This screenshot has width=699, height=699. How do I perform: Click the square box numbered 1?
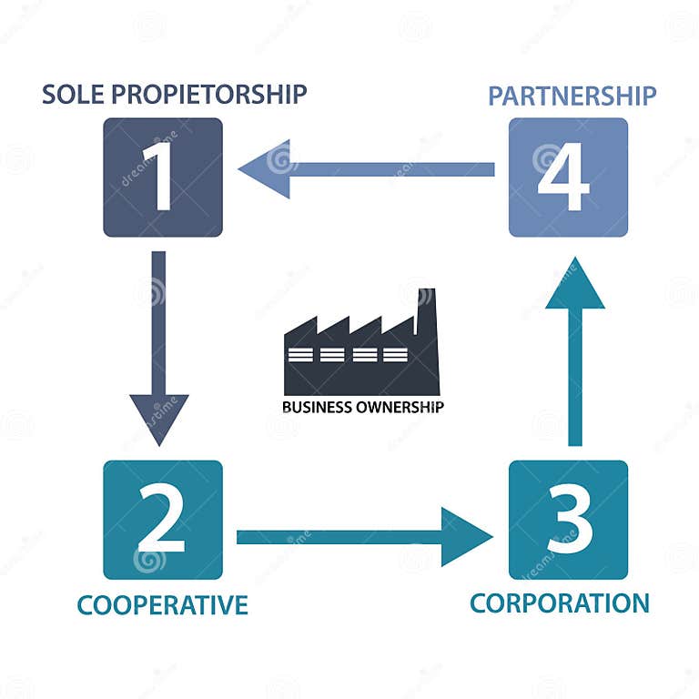(163, 177)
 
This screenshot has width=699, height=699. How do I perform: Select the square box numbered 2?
(163, 520)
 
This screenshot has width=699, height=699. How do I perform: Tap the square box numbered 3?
(568, 520)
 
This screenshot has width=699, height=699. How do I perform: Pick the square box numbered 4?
(568, 177)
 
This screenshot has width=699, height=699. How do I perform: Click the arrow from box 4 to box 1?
(382, 169)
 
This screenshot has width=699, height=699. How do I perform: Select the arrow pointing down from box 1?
(159, 337)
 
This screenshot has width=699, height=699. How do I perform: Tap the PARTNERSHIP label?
(572, 96)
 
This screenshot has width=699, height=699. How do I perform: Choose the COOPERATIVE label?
(162, 605)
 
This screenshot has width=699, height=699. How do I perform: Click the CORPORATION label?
(560, 603)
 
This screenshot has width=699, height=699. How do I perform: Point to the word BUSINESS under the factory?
(315, 407)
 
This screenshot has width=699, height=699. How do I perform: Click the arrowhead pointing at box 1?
(265, 169)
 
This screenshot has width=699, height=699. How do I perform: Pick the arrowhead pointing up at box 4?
(574, 286)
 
